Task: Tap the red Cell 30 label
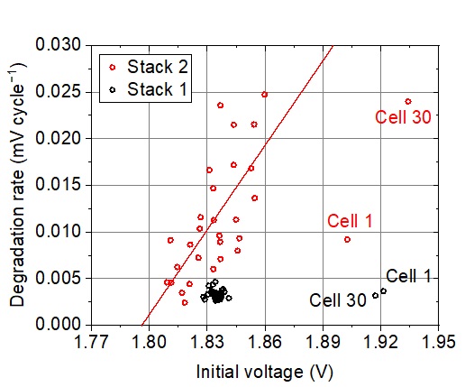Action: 403,116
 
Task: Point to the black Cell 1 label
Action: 408,276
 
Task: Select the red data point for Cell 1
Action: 347,239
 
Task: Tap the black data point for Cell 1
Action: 383,290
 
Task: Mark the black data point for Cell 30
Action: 375,296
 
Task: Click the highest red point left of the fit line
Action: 220,106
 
